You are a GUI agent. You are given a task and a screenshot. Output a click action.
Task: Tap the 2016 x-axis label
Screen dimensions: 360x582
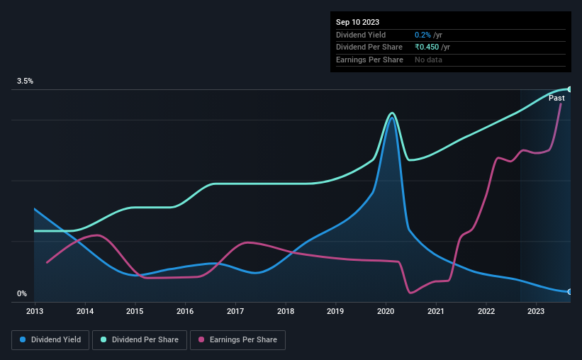coord(185,311)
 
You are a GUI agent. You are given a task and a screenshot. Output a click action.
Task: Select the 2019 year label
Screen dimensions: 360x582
coord(335,311)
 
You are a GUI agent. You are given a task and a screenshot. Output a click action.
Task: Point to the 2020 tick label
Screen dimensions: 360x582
coord(386,311)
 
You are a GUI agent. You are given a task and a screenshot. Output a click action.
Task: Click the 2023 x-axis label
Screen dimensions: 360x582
coord(536,311)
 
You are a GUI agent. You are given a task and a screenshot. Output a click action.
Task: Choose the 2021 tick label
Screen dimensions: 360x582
coord(436,311)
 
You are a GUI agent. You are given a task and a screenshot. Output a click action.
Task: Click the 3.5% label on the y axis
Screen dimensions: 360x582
coord(26,81)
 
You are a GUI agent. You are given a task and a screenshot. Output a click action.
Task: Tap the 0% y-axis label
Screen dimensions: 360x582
coord(22,294)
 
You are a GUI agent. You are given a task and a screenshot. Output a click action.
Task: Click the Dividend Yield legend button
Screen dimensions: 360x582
coord(50,340)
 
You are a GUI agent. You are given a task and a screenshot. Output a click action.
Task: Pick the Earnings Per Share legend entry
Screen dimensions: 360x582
coord(237,340)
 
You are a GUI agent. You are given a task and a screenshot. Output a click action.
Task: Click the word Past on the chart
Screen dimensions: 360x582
coord(556,99)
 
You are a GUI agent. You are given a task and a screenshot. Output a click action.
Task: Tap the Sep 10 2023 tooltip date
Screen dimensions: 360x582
coord(359,22)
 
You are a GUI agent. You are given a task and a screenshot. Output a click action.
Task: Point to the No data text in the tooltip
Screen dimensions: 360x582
coord(429,60)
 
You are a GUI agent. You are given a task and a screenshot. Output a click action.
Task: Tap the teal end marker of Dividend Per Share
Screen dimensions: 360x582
coord(570,89)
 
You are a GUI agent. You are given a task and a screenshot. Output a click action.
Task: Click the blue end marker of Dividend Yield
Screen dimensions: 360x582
coord(570,291)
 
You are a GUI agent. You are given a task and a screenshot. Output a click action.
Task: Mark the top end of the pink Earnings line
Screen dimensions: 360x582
coord(561,103)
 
